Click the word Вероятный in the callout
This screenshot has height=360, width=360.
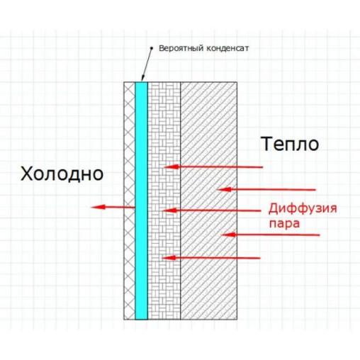tap(181, 48)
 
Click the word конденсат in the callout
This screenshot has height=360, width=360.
tap(227, 48)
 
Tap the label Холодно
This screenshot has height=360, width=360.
tap(62, 174)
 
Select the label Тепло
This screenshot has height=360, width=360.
tap(291, 144)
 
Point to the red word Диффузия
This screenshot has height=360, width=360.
tap(303, 209)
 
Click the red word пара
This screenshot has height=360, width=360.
tap(284, 223)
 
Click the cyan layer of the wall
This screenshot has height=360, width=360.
tap(141, 201)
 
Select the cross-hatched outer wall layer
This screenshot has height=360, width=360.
tap(130, 201)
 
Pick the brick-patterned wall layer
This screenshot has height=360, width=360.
tap(164, 201)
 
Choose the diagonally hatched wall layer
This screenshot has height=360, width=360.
tap(209, 201)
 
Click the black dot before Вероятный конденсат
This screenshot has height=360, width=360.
tap(152, 48)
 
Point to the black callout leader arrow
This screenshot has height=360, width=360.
tap(147, 64)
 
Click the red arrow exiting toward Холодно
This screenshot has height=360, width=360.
tap(113, 207)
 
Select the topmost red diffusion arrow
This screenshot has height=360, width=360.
tap(213, 167)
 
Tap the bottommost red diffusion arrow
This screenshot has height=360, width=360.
tap(211, 258)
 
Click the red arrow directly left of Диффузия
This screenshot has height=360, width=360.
tap(211, 210)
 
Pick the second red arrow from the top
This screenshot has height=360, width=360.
tap(266, 189)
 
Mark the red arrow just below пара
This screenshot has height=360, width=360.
tap(270, 235)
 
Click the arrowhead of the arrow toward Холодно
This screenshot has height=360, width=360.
tap(98, 207)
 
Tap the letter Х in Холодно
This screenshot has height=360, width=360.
tap(26, 174)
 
